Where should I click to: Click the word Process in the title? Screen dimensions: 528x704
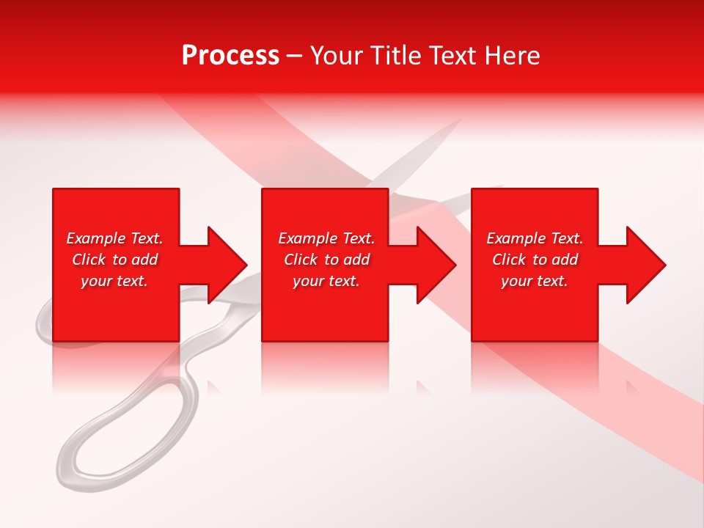(230, 56)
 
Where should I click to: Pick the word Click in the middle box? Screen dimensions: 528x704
(301, 260)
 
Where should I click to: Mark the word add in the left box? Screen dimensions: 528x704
(145, 260)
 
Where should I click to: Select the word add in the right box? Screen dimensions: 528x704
(565, 260)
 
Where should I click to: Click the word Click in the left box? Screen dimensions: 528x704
(89, 260)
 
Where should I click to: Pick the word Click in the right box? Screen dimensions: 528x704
(509, 260)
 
